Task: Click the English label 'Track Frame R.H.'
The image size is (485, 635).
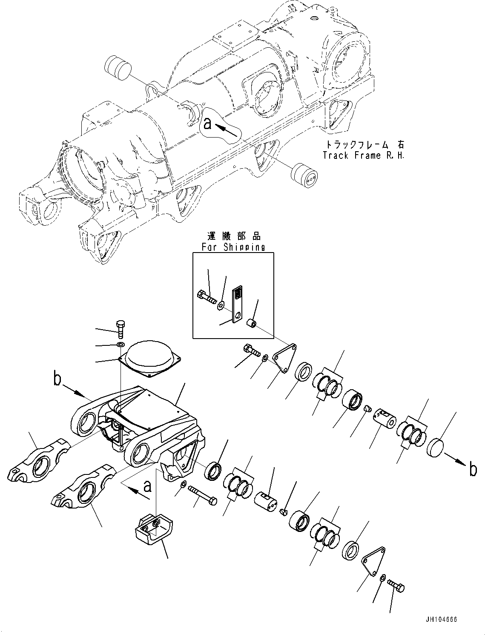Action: coord(363,155)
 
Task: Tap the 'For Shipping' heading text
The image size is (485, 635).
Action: coord(233,247)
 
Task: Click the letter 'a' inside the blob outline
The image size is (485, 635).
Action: coord(207,124)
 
